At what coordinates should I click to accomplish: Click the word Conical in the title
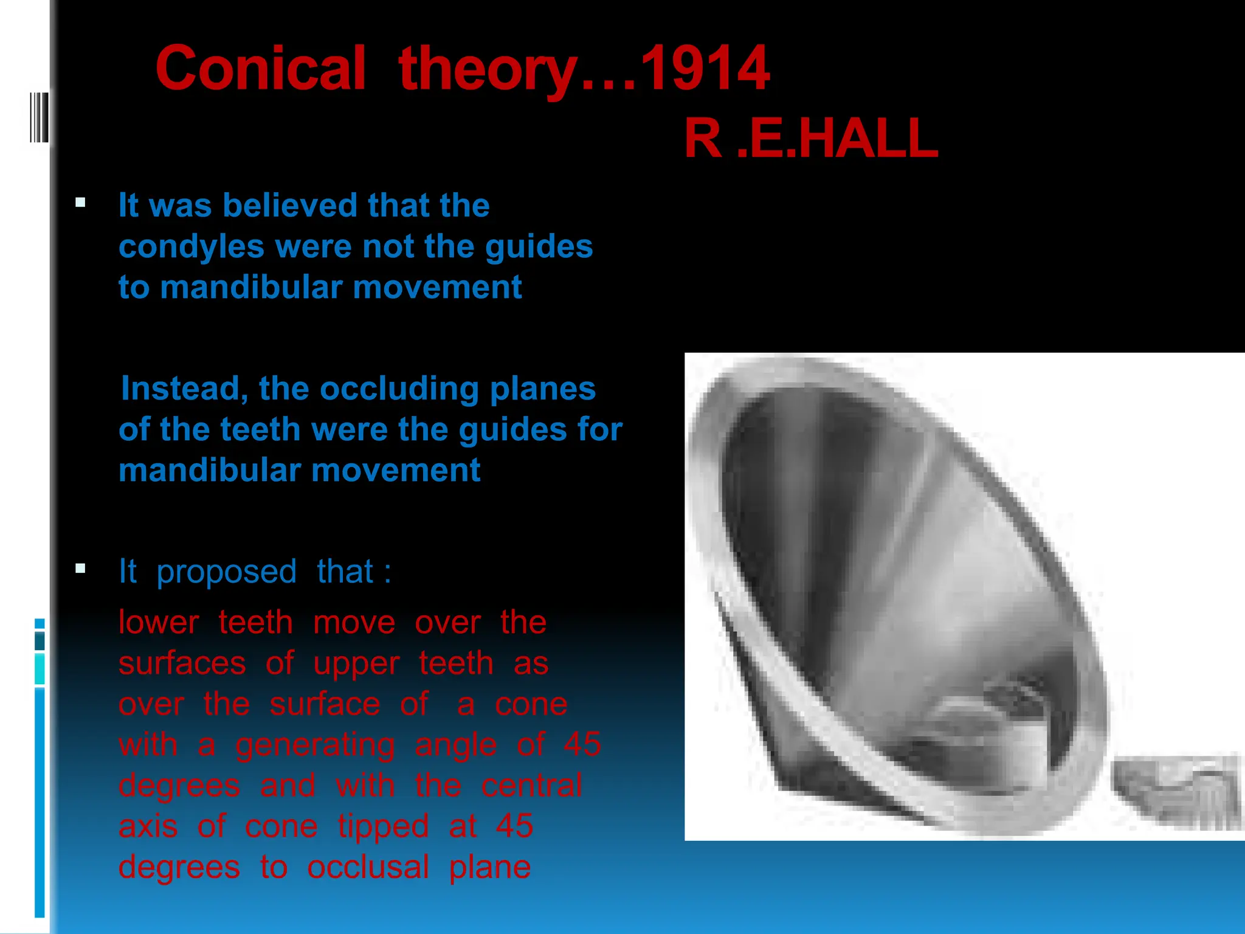tap(261, 68)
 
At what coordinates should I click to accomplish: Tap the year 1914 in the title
tap(705, 68)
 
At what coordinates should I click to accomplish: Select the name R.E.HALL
tap(811, 139)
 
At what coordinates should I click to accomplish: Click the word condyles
tap(191, 247)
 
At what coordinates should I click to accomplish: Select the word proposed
tap(226, 572)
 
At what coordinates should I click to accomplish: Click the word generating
tap(315, 745)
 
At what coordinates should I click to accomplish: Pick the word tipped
tap(383, 826)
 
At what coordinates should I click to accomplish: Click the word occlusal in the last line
tap(368, 867)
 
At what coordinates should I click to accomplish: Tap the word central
tap(531, 786)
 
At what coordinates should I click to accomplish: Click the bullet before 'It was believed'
tap(80, 202)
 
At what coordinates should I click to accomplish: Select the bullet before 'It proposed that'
tap(80, 569)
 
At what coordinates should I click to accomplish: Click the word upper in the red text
tap(356, 663)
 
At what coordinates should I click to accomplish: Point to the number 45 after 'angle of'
tap(582, 745)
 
